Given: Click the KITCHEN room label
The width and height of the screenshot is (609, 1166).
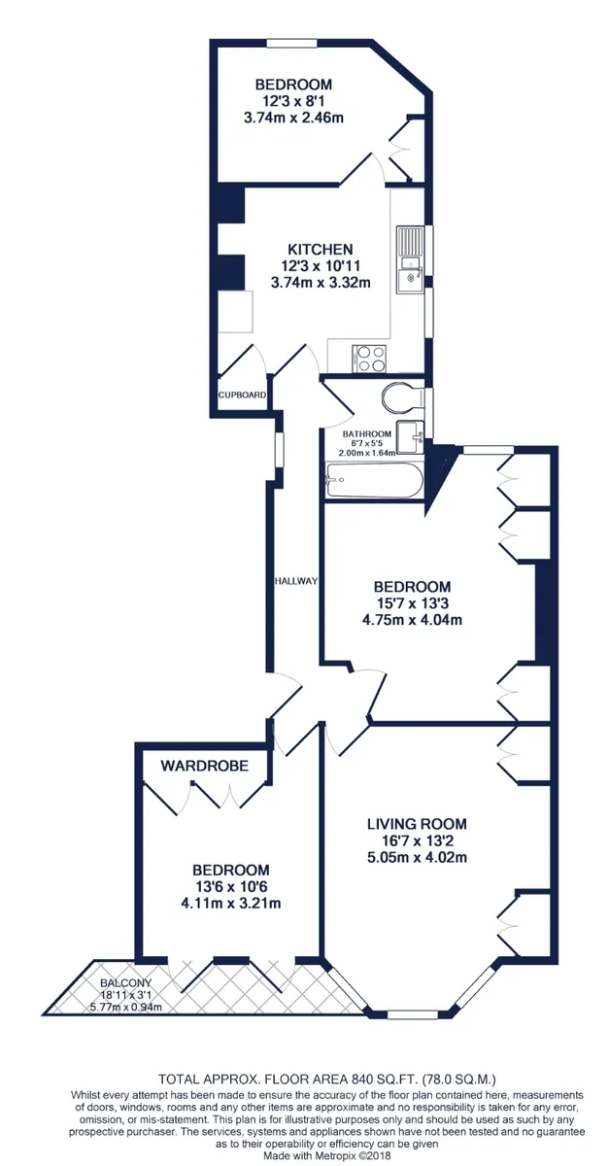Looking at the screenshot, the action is (321, 249).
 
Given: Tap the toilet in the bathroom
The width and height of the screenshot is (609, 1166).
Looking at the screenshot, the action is (402, 398).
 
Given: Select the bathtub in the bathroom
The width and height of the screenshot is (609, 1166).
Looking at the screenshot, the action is (374, 479).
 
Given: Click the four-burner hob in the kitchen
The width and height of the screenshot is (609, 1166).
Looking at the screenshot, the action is (369, 359).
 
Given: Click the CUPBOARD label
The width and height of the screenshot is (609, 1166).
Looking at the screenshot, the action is (242, 395).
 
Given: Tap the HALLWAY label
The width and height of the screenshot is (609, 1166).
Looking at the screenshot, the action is (295, 581).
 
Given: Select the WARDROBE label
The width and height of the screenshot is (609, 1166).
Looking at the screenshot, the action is (205, 766).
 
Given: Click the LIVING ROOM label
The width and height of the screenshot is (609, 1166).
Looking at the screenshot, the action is (417, 824).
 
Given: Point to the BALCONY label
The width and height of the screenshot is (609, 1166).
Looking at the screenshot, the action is (126, 982).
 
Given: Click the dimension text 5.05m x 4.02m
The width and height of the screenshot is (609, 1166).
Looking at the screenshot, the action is (417, 857).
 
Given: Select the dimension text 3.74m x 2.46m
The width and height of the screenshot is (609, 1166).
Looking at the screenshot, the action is (293, 118).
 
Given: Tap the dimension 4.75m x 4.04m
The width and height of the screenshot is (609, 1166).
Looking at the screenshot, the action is (412, 620).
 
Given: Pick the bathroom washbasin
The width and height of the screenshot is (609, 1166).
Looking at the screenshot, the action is (410, 437).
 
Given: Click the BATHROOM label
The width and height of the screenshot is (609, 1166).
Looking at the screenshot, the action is (366, 433).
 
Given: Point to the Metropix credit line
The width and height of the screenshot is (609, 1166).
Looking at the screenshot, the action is (327, 1155).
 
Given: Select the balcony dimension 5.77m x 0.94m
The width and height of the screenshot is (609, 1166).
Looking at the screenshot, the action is (126, 1007).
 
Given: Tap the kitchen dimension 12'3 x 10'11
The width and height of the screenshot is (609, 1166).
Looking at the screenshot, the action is (321, 266).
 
